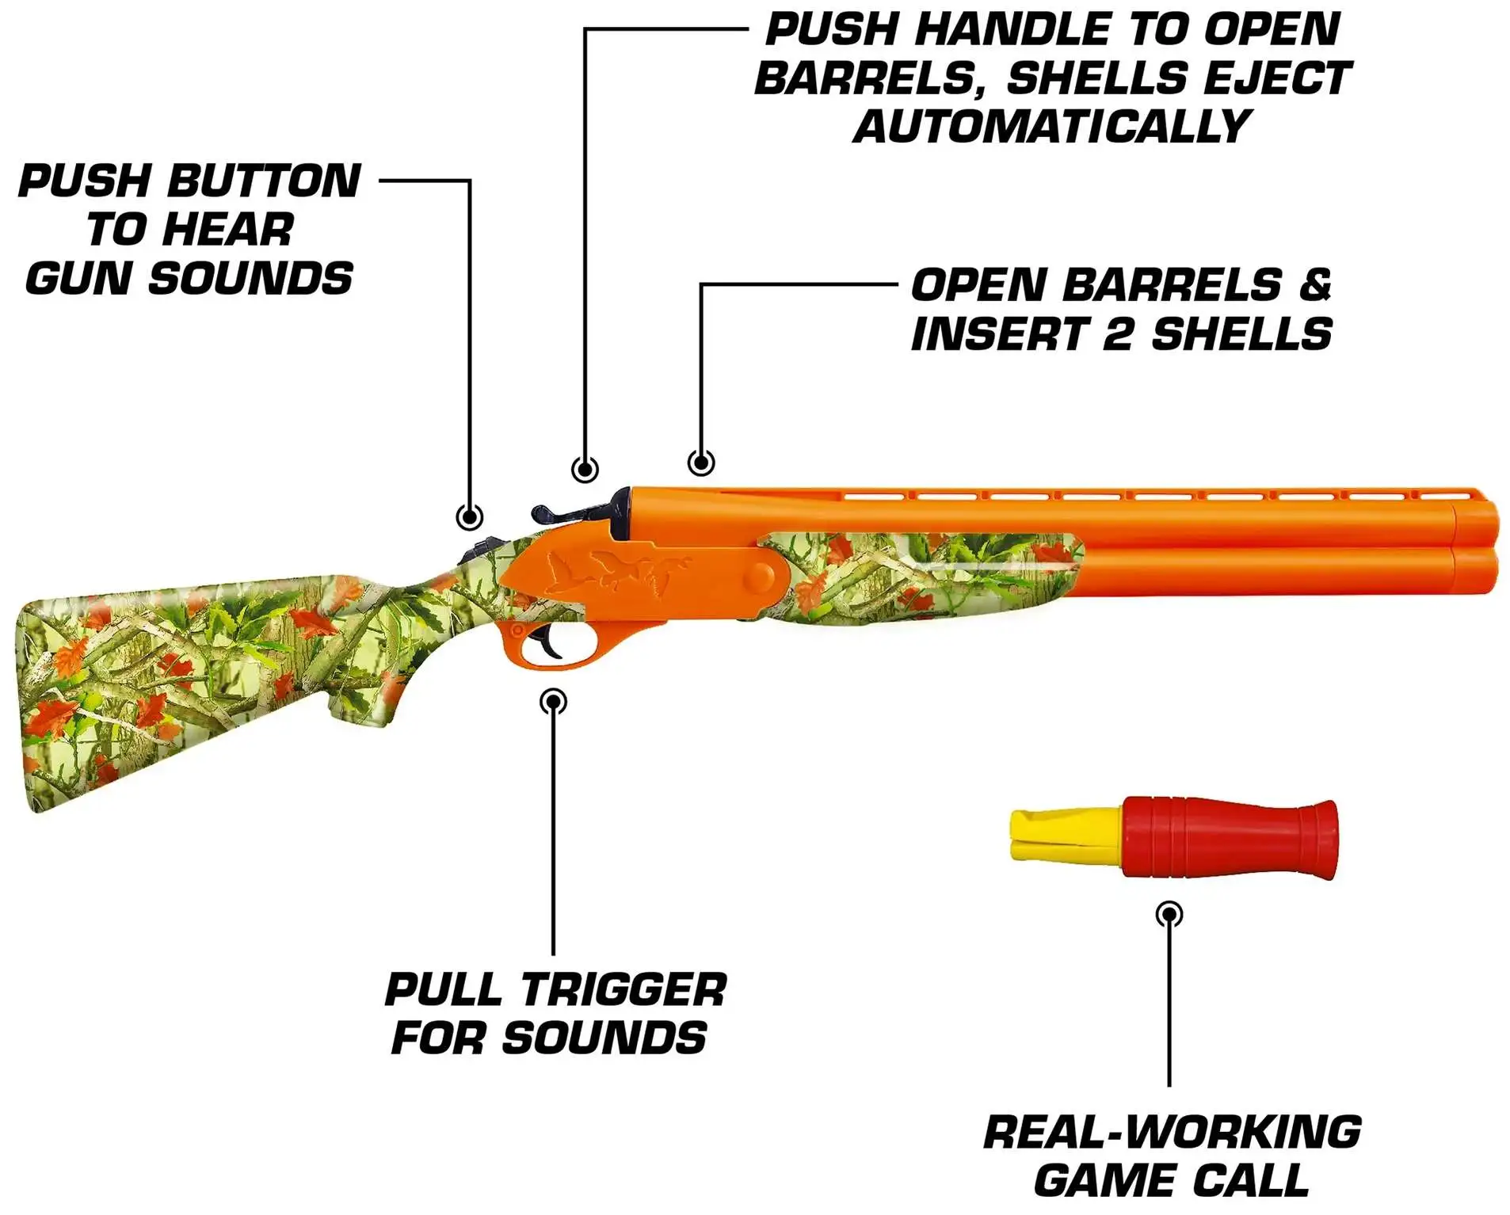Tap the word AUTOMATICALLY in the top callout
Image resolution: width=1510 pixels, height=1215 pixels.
[x=1051, y=127]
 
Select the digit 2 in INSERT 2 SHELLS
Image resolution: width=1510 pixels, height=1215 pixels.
[x=1117, y=333]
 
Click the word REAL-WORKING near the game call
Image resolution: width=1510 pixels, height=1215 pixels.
[x=1172, y=1132]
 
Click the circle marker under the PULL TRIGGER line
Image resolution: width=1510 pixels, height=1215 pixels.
[x=553, y=701]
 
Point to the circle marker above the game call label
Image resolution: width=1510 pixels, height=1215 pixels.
[x=1169, y=914]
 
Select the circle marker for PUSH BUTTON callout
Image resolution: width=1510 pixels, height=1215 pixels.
[x=470, y=517]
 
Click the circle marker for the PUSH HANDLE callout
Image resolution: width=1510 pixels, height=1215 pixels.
[x=585, y=469]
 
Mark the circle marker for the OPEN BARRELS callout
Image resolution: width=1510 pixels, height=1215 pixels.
[x=701, y=462]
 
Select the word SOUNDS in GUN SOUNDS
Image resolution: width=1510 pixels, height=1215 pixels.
[x=250, y=278]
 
